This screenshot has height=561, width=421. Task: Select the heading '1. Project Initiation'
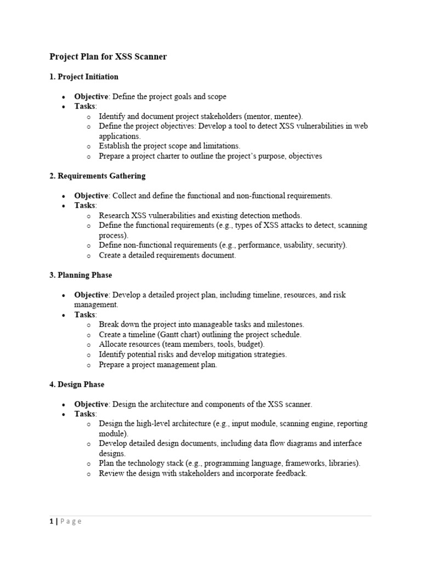pyautogui.click(x=84, y=77)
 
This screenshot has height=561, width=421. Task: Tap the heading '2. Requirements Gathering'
pyautogui.click(x=98, y=176)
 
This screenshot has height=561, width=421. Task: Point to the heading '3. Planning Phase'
pyautogui.click(x=81, y=275)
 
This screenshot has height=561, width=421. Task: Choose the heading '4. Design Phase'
pyautogui.click(x=77, y=385)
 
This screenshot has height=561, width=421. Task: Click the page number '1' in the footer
pyautogui.click(x=52, y=521)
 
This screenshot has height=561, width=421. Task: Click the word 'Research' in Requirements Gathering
pyautogui.click(x=115, y=215)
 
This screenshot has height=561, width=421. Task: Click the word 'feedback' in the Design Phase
pyautogui.click(x=291, y=473)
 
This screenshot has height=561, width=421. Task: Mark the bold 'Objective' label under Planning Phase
pyautogui.click(x=91, y=295)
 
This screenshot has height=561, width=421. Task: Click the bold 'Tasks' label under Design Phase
pyautogui.click(x=85, y=414)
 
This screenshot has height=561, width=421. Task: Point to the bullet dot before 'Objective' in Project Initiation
pyautogui.click(x=64, y=97)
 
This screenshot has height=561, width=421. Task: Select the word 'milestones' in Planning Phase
pyautogui.click(x=283, y=324)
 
